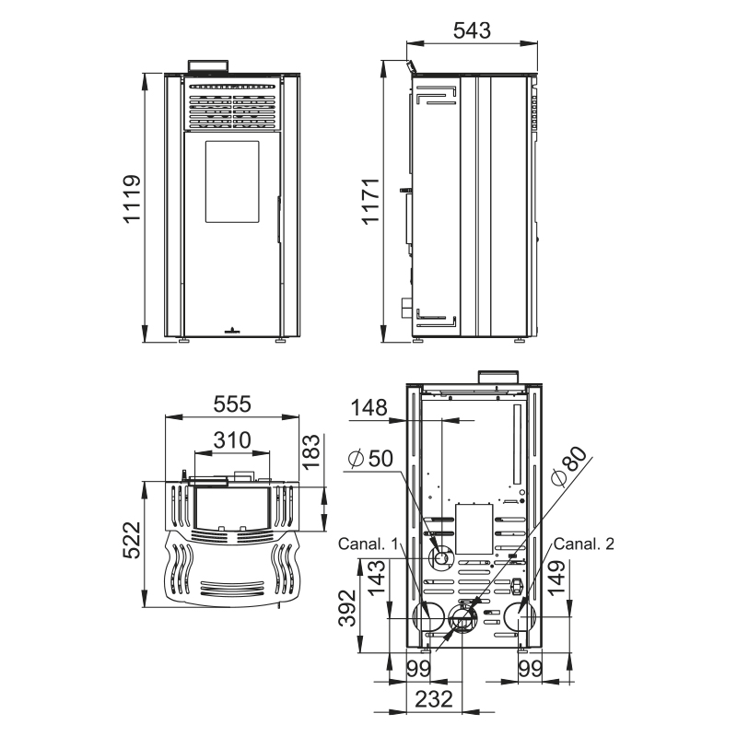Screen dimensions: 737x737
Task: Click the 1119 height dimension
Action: (x=132, y=198)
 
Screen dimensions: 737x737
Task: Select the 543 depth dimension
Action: (x=472, y=30)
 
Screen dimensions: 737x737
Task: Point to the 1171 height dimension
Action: (x=371, y=201)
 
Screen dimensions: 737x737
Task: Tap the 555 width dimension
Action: (x=232, y=404)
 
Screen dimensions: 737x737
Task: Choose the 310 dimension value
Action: (x=232, y=440)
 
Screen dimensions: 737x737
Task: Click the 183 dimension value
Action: (x=311, y=452)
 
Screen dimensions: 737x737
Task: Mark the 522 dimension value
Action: (x=132, y=540)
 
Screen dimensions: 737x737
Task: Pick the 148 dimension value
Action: (x=369, y=407)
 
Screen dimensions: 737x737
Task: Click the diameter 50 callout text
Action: (x=371, y=458)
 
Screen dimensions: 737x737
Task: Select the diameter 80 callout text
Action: (x=569, y=465)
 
